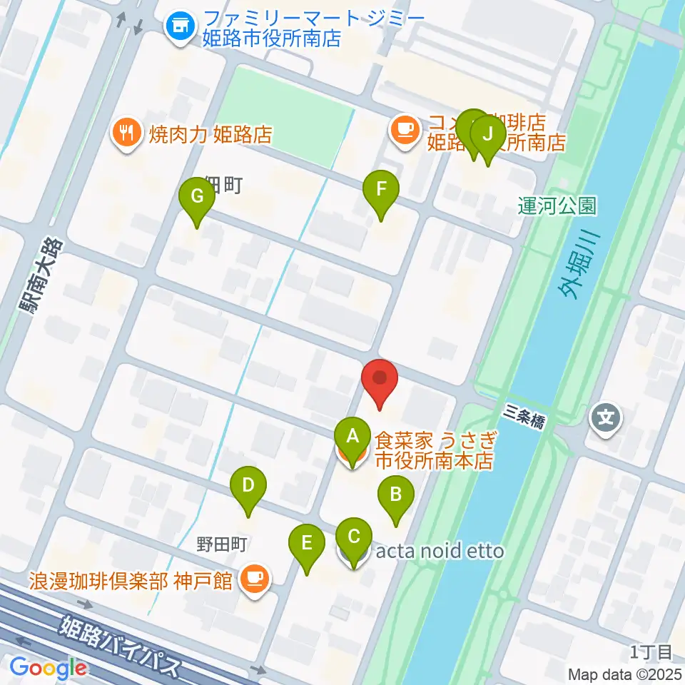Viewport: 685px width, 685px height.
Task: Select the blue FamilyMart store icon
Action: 178,27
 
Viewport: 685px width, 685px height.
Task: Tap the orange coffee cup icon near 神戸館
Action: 255,578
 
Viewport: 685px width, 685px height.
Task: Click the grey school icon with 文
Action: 607,416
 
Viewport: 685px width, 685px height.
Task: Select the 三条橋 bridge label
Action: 524,415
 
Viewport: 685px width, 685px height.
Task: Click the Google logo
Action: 49,667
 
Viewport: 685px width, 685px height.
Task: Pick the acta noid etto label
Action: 440,551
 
